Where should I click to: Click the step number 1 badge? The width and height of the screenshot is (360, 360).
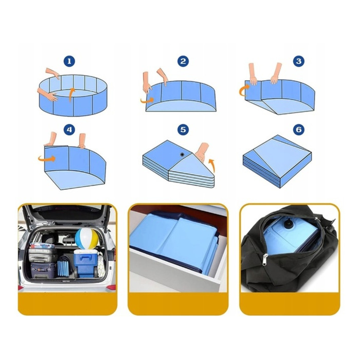click(x=69, y=61)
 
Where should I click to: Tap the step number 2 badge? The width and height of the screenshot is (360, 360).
click(x=183, y=61)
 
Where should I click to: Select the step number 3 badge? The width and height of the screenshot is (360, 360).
click(x=299, y=61)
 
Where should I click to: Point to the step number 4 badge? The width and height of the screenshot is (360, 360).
click(x=69, y=130)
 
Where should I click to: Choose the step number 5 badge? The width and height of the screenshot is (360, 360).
click(x=183, y=130)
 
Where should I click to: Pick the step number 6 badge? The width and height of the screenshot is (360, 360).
click(x=299, y=130)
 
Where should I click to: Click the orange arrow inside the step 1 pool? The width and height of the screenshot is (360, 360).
click(x=71, y=94)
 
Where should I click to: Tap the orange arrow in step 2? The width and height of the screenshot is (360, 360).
click(x=148, y=100)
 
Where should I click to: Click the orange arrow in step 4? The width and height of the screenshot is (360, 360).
click(x=47, y=158)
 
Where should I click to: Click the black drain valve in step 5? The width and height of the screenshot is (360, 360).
click(x=182, y=154)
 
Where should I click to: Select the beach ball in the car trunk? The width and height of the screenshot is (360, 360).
click(x=87, y=239)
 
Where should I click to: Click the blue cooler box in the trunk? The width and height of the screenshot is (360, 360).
click(x=85, y=263)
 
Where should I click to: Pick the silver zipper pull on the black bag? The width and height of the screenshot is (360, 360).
click(x=265, y=259)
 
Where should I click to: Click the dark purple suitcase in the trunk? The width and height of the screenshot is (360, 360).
click(x=43, y=270)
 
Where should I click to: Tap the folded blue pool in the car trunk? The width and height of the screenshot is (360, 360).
click(x=63, y=266)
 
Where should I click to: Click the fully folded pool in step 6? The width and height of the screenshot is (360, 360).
click(x=277, y=161)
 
